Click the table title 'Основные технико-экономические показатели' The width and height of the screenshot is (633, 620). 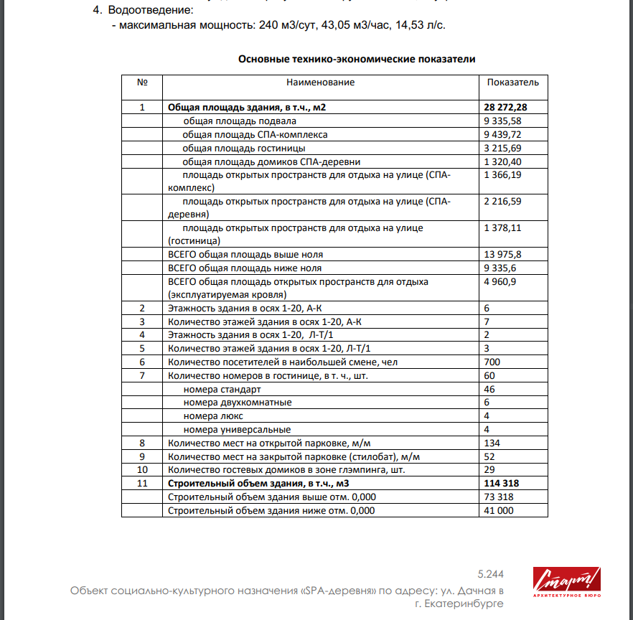(x=357, y=59)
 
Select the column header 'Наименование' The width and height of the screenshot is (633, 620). (x=320, y=83)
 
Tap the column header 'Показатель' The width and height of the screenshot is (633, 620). (x=512, y=83)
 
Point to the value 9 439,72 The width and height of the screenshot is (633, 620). (x=502, y=134)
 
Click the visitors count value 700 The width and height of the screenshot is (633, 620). (x=492, y=362)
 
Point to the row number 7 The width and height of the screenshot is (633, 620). (x=142, y=375)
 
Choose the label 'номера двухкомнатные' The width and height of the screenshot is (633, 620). (x=238, y=403)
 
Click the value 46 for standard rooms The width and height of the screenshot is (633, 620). (x=490, y=389)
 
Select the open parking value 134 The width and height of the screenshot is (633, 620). (x=492, y=443)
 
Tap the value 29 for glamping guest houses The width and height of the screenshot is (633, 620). (x=490, y=470)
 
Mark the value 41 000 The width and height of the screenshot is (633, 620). (x=499, y=511)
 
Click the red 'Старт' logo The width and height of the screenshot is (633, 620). (x=566, y=582)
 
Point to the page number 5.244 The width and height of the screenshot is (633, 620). (x=490, y=574)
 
